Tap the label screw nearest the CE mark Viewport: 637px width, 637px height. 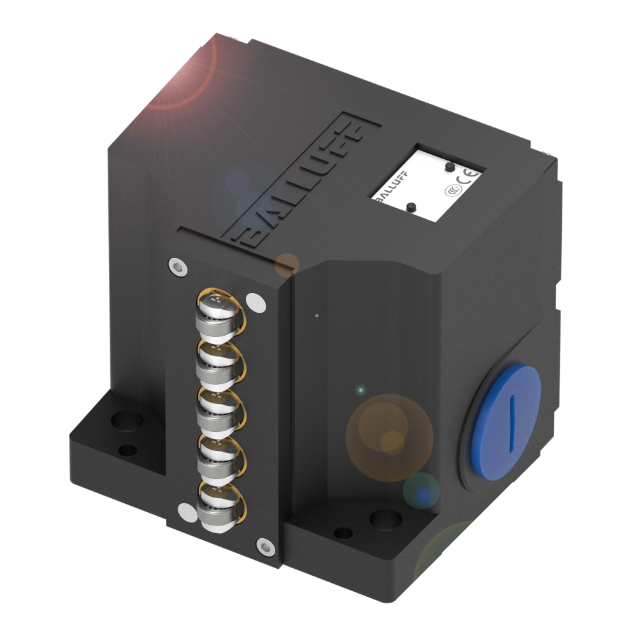(x=450, y=166)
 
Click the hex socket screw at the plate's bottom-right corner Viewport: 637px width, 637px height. (x=263, y=545)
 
